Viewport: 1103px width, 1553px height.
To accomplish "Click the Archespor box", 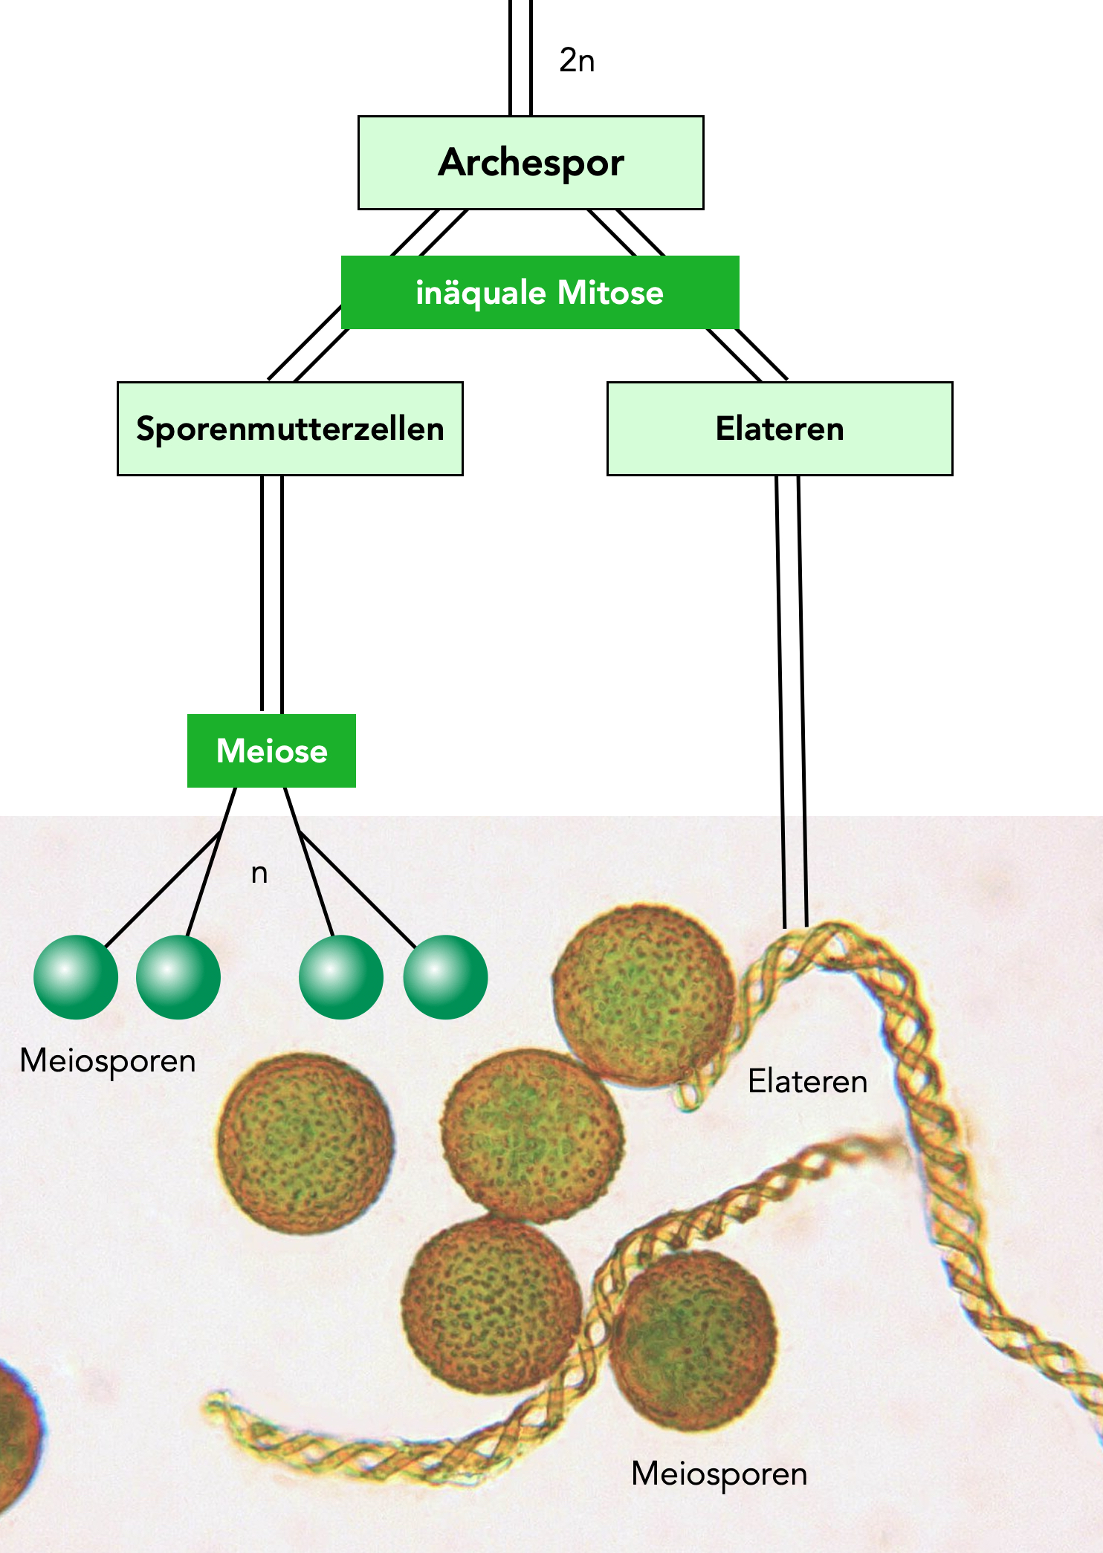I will pyautogui.click(x=531, y=163).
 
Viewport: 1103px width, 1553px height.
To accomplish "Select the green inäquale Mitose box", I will pyautogui.click(x=540, y=292).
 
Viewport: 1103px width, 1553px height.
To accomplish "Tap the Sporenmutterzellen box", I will pyautogui.click(x=290, y=429).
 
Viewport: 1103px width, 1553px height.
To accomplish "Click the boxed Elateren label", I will pyautogui.click(x=780, y=429).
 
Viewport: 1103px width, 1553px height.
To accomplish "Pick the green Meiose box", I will pyautogui.click(x=271, y=750).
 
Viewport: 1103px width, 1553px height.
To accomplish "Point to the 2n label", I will pyautogui.click(x=577, y=61).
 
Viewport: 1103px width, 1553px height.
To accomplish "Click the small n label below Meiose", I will pyautogui.click(x=259, y=873).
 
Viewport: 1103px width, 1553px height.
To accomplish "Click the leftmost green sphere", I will pyautogui.click(x=76, y=976).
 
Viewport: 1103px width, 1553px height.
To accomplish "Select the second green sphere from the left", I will pyautogui.click(x=178, y=976).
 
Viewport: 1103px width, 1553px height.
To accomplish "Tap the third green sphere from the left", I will pyautogui.click(x=341, y=976).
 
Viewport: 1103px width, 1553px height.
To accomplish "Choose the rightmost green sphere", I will pyautogui.click(x=445, y=976).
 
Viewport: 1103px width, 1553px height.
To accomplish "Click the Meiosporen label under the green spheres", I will pyautogui.click(x=108, y=1060).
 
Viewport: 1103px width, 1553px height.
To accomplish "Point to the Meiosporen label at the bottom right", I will pyautogui.click(x=719, y=1473).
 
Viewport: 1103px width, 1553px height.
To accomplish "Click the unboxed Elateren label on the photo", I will pyautogui.click(x=807, y=1081).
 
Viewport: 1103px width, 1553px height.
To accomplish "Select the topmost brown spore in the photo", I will pyautogui.click(x=644, y=994).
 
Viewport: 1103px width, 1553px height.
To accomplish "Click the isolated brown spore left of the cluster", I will pyautogui.click(x=305, y=1144).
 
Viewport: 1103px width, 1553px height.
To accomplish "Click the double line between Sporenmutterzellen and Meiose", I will pyautogui.click(x=271, y=594).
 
